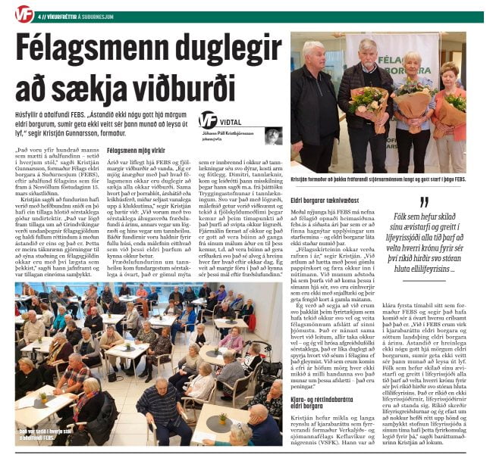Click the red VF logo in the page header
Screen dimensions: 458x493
22,11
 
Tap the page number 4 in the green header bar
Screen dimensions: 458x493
42,11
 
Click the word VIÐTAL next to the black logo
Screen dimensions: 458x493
233,122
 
